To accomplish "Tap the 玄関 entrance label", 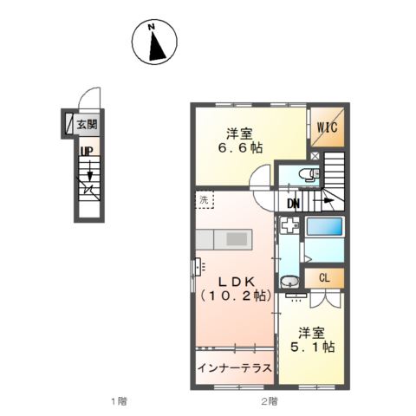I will [x=88, y=125].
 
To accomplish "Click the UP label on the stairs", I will [x=87, y=152].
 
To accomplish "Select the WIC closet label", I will [x=327, y=127].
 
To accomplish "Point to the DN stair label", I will [x=294, y=205].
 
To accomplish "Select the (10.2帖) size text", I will [x=234, y=295].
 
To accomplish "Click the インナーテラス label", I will [x=234, y=367].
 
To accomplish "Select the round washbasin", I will [x=289, y=282].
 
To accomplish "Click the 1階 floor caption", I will [x=118, y=401].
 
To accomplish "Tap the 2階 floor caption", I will [x=270, y=401].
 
